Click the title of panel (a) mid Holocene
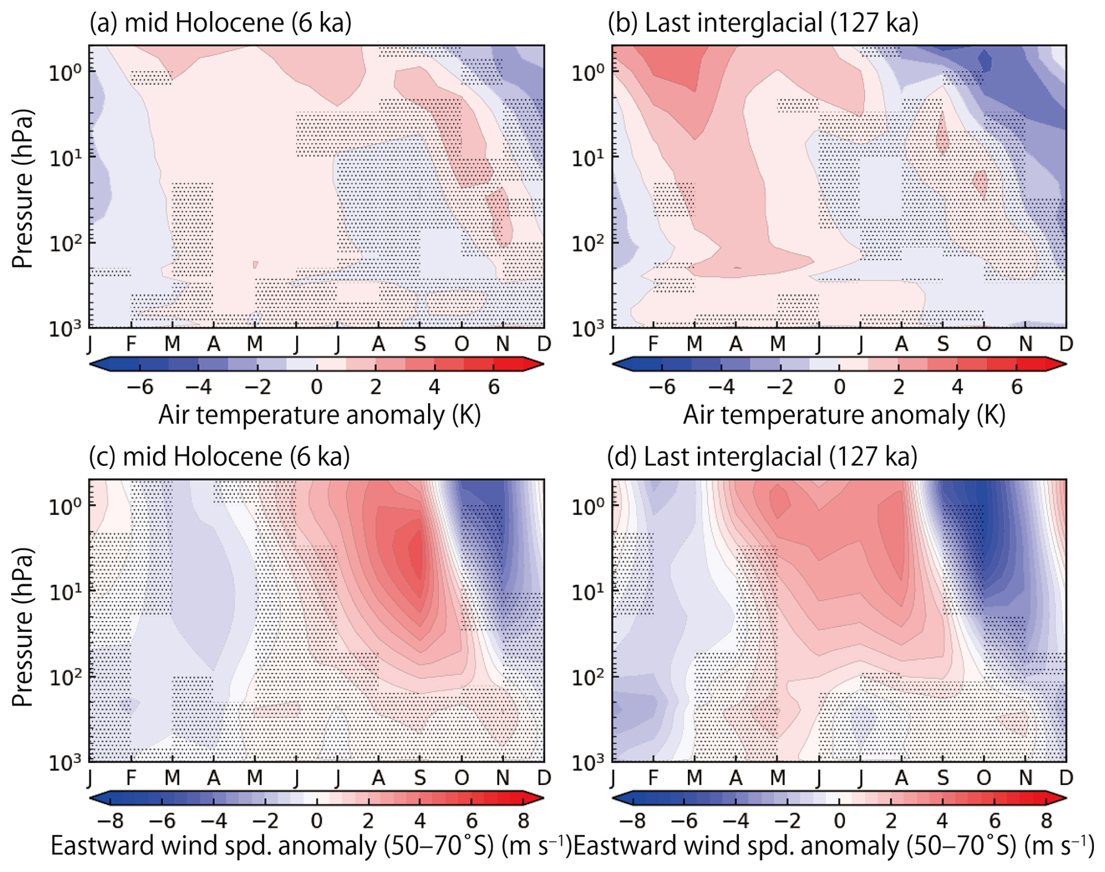pyautogui.click(x=220, y=23)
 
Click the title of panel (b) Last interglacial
pyautogui.click(x=763, y=23)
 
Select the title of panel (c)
pyautogui.click(x=219, y=456)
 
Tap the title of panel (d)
pyautogui.click(x=762, y=456)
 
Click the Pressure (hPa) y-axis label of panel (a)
pyautogui.click(x=22, y=188)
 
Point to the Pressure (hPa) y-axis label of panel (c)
pyautogui.click(x=22, y=627)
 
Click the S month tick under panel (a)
pyautogui.click(x=420, y=344)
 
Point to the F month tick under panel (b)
pyautogui.click(x=654, y=344)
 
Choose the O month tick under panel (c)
pyautogui.click(x=461, y=777)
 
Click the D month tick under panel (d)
pyautogui.click(x=1066, y=777)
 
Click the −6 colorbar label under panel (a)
pyautogui.click(x=140, y=387)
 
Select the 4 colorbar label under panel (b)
pyautogui.click(x=957, y=387)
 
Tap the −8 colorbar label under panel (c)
pyautogui.click(x=110, y=821)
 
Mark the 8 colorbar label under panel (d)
pyautogui.click(x=1046, y=821)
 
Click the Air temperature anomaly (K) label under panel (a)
pyautogui.click(x=319, y=415)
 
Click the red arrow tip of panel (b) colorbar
pyautogui.click(x=1060, y=365)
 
